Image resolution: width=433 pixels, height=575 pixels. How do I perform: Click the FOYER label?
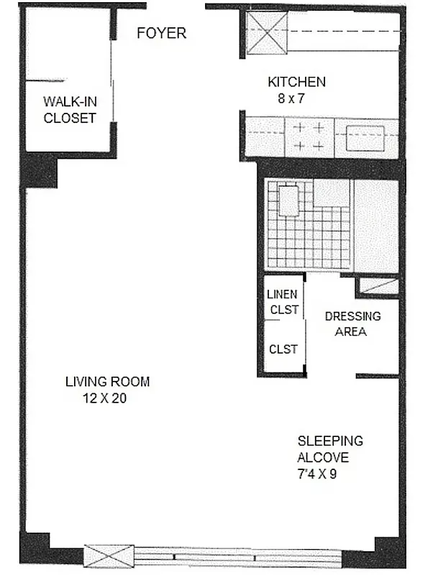click(162, 33)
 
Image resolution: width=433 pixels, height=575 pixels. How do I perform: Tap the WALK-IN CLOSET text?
click(70, 109)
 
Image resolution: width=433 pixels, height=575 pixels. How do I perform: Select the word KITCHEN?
click(296, 82)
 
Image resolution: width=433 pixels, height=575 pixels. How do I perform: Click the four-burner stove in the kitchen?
click(309, 137)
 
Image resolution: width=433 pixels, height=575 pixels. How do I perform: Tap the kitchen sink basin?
click(368, 138)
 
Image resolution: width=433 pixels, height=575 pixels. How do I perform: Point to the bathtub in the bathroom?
click(375, 226)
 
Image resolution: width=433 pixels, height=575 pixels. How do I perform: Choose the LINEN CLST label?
click(282, 301)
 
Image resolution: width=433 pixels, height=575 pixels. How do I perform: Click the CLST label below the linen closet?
click(283, 349)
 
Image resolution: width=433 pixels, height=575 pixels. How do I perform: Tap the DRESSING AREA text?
click(352, 323)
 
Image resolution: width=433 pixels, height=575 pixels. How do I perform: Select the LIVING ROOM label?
click(107, 382)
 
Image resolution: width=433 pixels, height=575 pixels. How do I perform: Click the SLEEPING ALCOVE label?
click(330, 449)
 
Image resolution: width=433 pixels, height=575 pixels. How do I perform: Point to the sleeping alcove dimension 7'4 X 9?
click(317, 474)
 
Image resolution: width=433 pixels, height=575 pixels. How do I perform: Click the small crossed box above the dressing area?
click(378, 285)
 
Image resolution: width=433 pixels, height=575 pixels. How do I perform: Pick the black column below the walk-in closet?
click(40, 170)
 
